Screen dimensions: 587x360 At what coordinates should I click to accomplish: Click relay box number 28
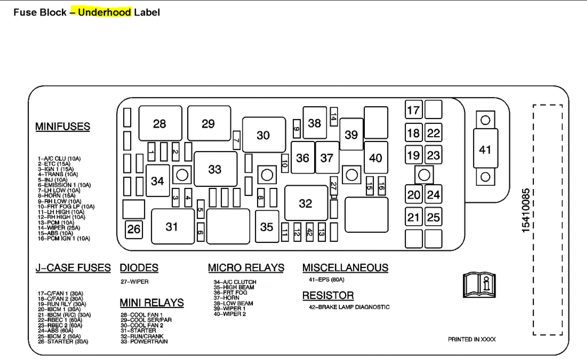tap(160, 123)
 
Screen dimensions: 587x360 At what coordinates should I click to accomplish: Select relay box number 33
tap(215, 169)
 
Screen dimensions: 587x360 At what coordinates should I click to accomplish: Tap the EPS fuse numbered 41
tap(485, 149)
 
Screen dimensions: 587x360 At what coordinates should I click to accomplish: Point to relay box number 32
tap(306, 203)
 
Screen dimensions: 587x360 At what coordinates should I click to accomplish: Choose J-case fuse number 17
tap(413, 110)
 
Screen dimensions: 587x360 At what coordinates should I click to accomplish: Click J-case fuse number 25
tap(434, 218)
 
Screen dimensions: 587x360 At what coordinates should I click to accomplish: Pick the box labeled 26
tap(134, 229)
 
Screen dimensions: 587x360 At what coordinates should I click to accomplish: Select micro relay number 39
tap(351, 134)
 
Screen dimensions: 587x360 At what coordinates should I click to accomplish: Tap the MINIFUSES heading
tap(63, 127)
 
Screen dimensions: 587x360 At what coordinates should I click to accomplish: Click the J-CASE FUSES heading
tap(73, 268)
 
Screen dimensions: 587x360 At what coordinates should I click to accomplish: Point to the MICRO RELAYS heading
tap(246, 268)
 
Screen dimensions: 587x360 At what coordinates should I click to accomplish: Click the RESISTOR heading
tap(328, 295)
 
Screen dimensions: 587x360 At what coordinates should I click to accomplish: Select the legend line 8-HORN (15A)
tap(57, 196)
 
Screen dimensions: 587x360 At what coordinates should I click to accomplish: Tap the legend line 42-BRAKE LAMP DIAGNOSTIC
tap(346, 307)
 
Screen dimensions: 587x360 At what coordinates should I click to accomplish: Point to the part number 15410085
tap(526, 211)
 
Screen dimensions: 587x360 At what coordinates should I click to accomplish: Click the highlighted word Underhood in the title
tap(105, 12)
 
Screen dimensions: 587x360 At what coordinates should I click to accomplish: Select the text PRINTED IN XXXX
tap(472, 339)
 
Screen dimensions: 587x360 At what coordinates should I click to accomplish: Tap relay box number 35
tap(267, 227)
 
